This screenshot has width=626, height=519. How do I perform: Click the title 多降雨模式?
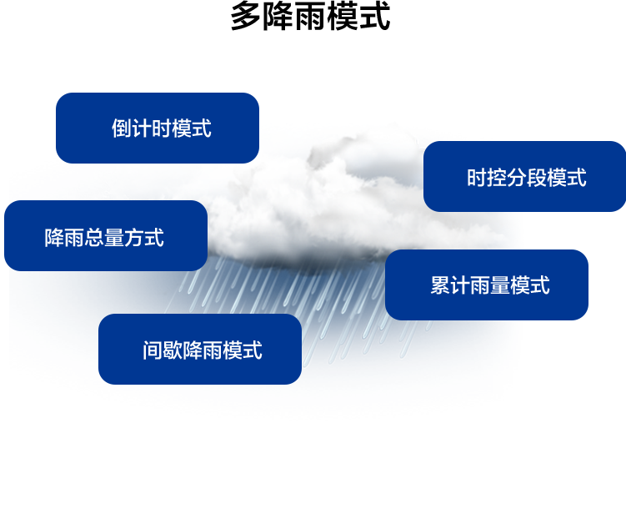pos(310,16)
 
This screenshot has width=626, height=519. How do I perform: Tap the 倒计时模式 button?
pos(158,128)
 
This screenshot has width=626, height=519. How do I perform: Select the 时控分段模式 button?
pos(524,176)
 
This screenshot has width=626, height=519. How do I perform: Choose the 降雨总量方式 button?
pos(106,236)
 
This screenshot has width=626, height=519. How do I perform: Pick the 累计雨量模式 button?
pos(486,285)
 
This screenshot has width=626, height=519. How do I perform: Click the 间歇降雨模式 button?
pos(199,349)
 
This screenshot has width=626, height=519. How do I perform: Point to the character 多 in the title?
pos(247,16)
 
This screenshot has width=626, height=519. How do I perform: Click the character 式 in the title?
pos(374,16)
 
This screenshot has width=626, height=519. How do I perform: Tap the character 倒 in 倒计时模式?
pos(122,128)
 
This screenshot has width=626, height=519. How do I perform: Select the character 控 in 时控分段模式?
pos(497,178)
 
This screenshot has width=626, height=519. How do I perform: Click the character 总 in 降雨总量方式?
pos(94,237)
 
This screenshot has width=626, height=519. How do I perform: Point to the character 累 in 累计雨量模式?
pos(440,285)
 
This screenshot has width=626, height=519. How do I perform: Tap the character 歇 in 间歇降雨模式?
pos(173,350)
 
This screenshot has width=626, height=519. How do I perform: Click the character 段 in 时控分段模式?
pos(537,178)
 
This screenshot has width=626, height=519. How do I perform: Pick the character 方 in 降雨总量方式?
pos(134,237)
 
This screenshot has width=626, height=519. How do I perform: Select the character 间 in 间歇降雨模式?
pos(153,350)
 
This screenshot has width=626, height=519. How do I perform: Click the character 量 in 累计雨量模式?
pos(500,285)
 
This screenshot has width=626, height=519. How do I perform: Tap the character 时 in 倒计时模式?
pos(162,128)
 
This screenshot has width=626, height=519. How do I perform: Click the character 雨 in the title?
pos(310,16)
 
